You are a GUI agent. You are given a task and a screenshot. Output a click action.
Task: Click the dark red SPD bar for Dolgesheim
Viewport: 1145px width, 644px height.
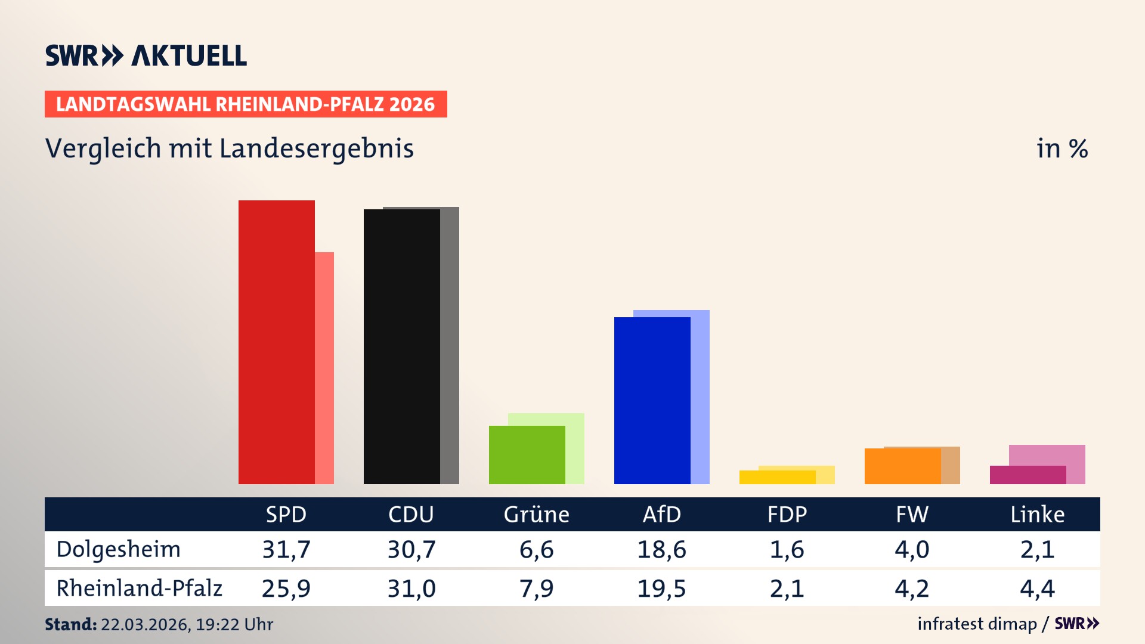pos(276,342)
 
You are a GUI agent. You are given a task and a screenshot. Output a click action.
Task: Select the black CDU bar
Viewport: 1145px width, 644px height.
pos(401,346)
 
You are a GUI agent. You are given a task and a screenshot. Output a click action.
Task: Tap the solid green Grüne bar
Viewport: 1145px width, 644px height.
pos(527,455)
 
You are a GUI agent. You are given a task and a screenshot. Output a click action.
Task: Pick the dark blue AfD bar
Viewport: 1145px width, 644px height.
pos(652,401)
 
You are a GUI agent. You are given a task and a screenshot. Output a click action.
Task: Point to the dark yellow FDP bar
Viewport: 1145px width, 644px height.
pos(777,478)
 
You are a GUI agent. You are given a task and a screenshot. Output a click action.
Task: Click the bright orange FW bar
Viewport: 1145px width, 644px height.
pos(902,466)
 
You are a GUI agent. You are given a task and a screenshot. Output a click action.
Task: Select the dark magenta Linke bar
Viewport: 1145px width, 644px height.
pos(1028,475)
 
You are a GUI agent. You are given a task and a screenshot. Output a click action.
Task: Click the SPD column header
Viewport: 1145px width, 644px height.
pos(286,515)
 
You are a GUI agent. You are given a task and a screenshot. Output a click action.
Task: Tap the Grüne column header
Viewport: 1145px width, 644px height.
pos(536,515)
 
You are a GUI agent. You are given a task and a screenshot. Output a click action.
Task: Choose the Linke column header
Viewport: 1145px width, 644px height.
pos(1037,515)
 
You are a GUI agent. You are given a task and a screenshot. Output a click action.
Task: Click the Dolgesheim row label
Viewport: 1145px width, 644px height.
pos(118,549)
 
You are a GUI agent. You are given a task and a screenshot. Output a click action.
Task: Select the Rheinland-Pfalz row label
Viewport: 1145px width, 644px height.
pos(139,589)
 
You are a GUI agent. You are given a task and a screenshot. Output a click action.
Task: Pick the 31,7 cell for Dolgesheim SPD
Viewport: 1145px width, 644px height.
pos(286,549)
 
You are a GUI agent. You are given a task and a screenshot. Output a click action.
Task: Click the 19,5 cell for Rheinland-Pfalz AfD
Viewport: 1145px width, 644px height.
pos(661,589)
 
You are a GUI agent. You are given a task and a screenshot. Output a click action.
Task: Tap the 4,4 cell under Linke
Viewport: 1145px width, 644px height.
pos(1037,589)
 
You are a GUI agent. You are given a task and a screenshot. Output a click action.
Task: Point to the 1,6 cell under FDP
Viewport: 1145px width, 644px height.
pos(787,549)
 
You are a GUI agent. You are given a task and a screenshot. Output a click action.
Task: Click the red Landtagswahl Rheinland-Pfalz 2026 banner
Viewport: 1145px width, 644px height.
pos(245,104)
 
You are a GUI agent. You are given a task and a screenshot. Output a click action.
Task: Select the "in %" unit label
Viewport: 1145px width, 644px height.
pos(1062,149)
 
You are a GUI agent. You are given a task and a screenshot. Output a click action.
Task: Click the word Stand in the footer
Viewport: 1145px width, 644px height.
pos(70,624)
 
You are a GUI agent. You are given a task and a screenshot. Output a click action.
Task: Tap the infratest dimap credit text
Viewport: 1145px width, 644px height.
pos(977,624)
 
